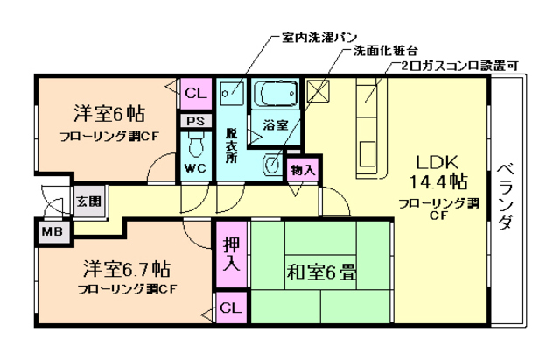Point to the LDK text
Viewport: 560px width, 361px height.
click(x=437, y=163)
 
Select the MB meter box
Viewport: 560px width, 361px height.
click(x=51, y=231)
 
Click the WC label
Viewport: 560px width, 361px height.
click(x=194, y=167)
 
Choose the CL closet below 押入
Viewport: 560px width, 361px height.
click(x=229, y=308)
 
